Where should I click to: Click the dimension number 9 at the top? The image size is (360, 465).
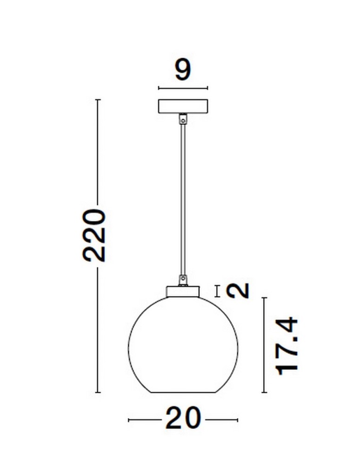[x=183, y=70]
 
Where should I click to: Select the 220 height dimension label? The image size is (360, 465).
[x=94, y=235]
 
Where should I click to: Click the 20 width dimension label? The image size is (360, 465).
[x=183, y=420]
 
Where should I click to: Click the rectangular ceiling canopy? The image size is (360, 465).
[x=183, y=106]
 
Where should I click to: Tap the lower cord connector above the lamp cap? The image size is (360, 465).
[x=183, y=279]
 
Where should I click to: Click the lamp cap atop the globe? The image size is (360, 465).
[x=183, y=291]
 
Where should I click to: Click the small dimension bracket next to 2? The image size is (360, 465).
[x=217, y=291]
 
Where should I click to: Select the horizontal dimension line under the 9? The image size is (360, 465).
[x=183, y=88]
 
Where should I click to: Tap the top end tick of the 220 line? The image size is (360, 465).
[x=98, y=100]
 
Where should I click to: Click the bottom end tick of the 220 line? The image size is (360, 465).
[x=98, y=393]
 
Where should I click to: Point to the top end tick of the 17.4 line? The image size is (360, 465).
[x=264, y=298]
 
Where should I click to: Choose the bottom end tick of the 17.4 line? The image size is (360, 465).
[x=264, y=393]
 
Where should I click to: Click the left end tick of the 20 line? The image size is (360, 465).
[x=128, y=420]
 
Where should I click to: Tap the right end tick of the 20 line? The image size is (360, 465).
[x=238, y=420]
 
